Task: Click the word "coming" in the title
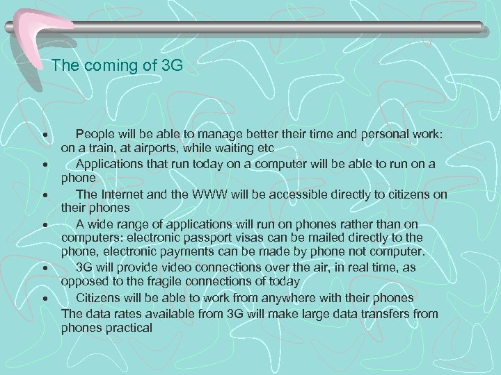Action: coord(112,67)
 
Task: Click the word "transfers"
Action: coord(386,313)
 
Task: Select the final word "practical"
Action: coord(128,327)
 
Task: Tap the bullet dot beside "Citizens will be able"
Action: coord(44,299)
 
